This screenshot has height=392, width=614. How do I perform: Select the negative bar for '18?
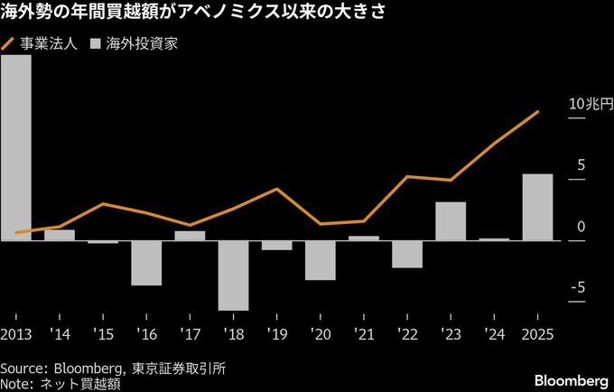pos(233,275)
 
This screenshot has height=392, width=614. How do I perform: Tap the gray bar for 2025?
pos(538,207)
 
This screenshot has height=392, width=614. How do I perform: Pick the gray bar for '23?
pos(451,221)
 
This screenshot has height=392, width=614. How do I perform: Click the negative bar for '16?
pos(146,263)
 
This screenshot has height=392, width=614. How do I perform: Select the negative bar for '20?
pos(321,260)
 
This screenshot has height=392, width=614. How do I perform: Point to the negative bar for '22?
pos(407,254)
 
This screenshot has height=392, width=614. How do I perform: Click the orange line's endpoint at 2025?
pos(539,112)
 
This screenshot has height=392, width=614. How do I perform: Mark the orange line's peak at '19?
pos(276,189)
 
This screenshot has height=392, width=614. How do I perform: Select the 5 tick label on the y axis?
pos(581,164)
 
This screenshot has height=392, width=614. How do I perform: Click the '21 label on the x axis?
pos(364,334)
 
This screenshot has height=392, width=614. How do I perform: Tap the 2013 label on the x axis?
pos(16,334)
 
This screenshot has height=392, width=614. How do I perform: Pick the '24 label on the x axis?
pos(495,334)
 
